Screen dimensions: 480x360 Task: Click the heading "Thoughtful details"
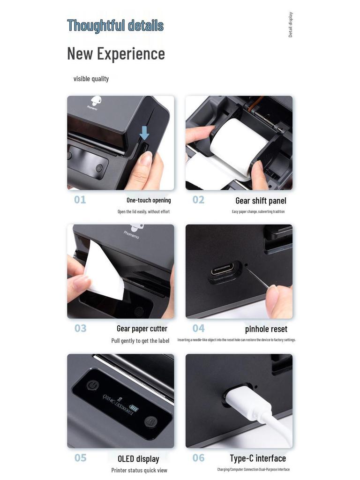coord(115,25)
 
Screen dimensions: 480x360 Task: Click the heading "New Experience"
coord(116,53)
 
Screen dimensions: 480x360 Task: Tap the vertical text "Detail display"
coord(291,25)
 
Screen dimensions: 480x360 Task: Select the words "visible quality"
coord(91,79)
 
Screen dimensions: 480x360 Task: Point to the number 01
coord(80,200)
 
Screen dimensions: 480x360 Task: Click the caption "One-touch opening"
coord(149,200)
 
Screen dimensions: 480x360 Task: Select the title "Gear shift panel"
coord(261,201)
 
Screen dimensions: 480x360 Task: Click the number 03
coord(81,329)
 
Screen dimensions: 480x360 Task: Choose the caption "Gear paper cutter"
coord(142,329)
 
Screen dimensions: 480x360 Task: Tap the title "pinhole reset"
coord(266,329)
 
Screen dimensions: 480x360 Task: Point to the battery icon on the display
coord(134,408)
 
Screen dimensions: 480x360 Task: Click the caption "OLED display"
coord(138,458)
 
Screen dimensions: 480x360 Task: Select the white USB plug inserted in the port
coord(239,398)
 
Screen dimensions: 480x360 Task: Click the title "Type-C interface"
coord(258,458)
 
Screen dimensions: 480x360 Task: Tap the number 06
coord(199,458)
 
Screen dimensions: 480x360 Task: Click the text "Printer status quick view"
coord(139,470)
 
